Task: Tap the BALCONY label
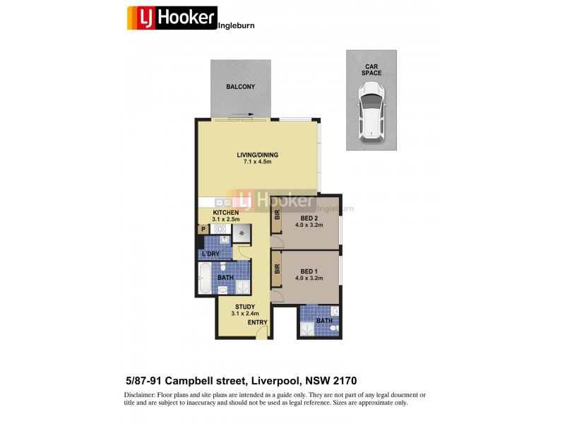pos(240,87)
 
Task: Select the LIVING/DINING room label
pos(257,155)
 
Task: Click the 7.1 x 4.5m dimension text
pos(257,163)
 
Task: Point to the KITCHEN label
pos(226,212)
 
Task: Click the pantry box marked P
pos(203,229)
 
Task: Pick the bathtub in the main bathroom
pos(203,278)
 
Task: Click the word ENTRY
pos(257,322)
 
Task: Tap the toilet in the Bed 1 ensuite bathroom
pos(334,311)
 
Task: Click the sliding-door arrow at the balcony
pos(242,114)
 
